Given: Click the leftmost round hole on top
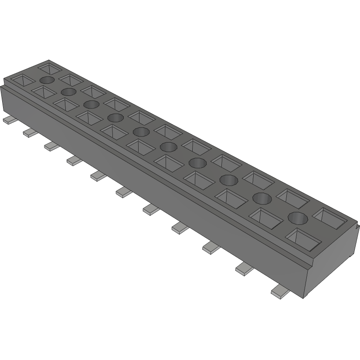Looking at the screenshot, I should pos(47,80).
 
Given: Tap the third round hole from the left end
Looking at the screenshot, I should pos(91,104).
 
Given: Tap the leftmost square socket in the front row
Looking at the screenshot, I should pos(19,80).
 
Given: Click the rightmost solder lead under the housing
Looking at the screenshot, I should pos(279,292).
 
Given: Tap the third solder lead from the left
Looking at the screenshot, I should pos(51,146).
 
